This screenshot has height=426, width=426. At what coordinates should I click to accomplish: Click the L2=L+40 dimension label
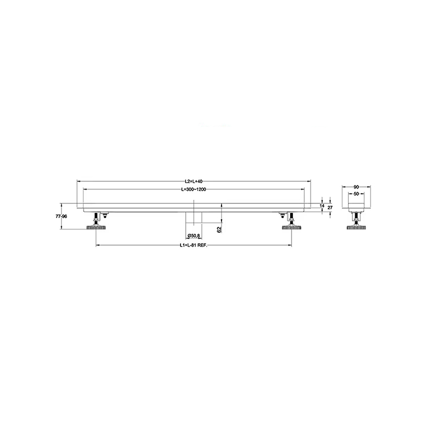click(194, 181)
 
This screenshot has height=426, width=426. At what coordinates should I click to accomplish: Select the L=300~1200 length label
click(193, 190)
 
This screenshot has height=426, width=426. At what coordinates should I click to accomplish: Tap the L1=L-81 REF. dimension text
click(193, 245)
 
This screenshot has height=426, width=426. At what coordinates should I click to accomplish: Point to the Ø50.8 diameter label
click(194, 235)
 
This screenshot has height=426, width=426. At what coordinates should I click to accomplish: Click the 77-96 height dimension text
click(61, 217)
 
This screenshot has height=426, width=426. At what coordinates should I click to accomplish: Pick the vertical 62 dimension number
click(220, 229)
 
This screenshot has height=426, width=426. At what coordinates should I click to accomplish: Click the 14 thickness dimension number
click(322, 206)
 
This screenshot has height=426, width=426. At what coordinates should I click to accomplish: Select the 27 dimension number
click(330, 208)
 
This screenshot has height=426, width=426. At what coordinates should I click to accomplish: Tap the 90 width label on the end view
click(356, 187)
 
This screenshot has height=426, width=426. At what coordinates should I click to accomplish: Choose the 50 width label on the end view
click(356, 194)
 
